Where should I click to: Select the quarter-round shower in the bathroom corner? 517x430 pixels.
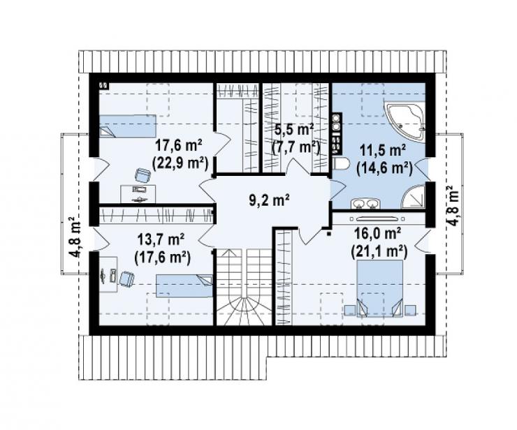tap(414, 197)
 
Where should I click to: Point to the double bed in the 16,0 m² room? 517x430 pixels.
tap(380, 288)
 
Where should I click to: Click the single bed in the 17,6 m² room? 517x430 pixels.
tap(128, 126)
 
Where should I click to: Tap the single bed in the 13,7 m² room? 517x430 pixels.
tap(184, 286)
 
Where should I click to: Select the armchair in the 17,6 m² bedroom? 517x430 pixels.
tap(143, 175)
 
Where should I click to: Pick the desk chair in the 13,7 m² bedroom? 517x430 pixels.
tap(127, 279)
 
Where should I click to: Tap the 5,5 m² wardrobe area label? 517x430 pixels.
tap(293, 131)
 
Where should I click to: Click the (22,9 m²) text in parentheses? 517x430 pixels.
tap(180, 163)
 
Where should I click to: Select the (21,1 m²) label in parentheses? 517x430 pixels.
tap(379, 252)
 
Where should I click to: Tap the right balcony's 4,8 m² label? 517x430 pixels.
tap(453, 206)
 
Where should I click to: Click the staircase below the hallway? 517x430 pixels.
tap(244, 287)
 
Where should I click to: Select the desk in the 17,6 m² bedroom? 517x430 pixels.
tap(138, 194)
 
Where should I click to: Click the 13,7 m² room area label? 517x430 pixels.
tap(161, 239)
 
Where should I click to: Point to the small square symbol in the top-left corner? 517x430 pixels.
tap(104, 85)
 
